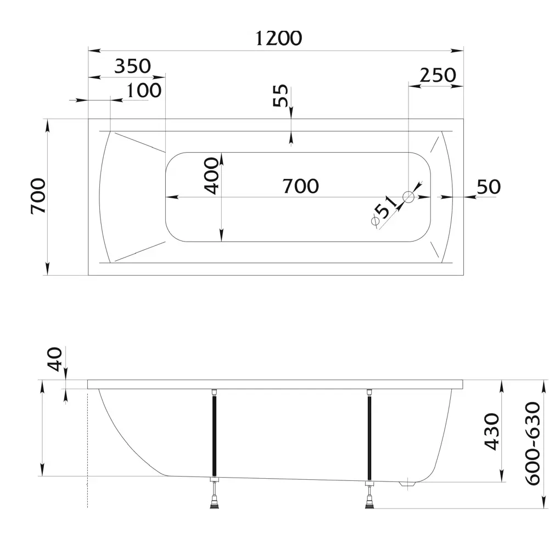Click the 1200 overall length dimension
(x=279, y=38)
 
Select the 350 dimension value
(x=132, y=66)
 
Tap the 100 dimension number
(x=144, y=90)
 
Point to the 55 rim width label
(x=280, y=98)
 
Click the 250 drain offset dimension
(x=438, y=75)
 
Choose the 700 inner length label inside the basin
(x=300, y=186)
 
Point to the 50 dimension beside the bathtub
(x=488, y=187)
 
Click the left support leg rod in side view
(x=213, y=434)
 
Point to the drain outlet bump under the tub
(x=407, y=485)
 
